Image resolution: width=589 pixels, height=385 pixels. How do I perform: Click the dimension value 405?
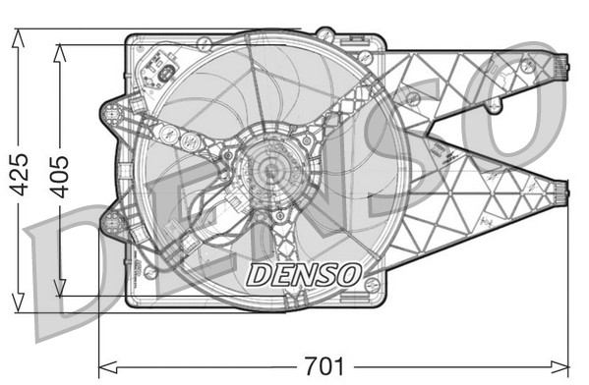pos(61,175)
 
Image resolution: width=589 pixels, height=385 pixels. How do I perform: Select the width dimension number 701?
pos(324,368)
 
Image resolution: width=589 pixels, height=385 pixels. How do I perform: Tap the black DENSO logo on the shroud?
pos(304,273)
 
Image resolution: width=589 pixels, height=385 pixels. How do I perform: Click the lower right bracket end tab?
pos(560,193)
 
